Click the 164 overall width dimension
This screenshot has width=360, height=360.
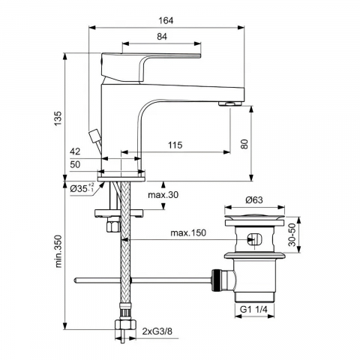[166, 20]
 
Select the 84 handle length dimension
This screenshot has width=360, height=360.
[162, 37]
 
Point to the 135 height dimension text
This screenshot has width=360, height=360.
[58, 118]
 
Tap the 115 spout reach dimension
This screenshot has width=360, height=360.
[175, 145]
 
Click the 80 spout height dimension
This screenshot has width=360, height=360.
[244, 144]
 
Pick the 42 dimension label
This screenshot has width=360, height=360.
[75, 151]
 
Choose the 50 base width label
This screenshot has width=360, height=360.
[75, 164]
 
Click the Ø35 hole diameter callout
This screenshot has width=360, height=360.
[82, 188]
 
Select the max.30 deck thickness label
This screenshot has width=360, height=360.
[163, 195]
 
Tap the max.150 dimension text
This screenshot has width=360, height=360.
[188, 232]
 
